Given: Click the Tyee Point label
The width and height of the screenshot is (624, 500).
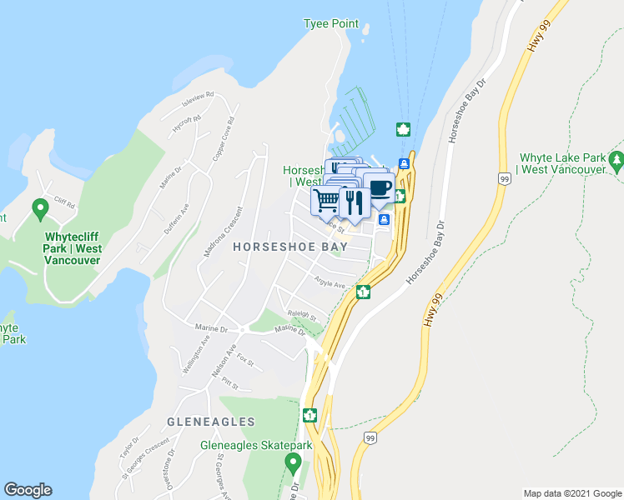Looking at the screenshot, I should click(330, 23).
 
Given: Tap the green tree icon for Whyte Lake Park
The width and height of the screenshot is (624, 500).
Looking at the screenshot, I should click(616, 161).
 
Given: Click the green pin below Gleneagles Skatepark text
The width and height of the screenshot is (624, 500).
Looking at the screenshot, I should click(293, 462).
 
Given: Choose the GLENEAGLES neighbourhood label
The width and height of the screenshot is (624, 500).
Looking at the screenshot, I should click(210, 422).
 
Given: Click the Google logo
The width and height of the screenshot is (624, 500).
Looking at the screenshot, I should click(28, 490).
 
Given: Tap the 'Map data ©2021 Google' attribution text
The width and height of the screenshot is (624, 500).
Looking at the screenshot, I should click(571, 493).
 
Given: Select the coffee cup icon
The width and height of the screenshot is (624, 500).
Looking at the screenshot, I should click(379, 188).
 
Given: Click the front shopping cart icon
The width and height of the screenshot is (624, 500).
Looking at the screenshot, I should click(326, 200).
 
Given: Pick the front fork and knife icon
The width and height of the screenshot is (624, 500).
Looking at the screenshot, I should click(355, 202).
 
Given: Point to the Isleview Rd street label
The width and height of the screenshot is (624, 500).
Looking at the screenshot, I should click(198, 100).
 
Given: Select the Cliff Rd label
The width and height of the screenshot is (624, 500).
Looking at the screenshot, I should click(65, 201).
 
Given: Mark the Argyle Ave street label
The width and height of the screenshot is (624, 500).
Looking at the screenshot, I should click(330, 283).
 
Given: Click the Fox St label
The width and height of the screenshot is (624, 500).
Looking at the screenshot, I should click(244, 360).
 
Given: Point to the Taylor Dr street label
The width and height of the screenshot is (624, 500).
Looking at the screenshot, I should click(129, 447).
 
